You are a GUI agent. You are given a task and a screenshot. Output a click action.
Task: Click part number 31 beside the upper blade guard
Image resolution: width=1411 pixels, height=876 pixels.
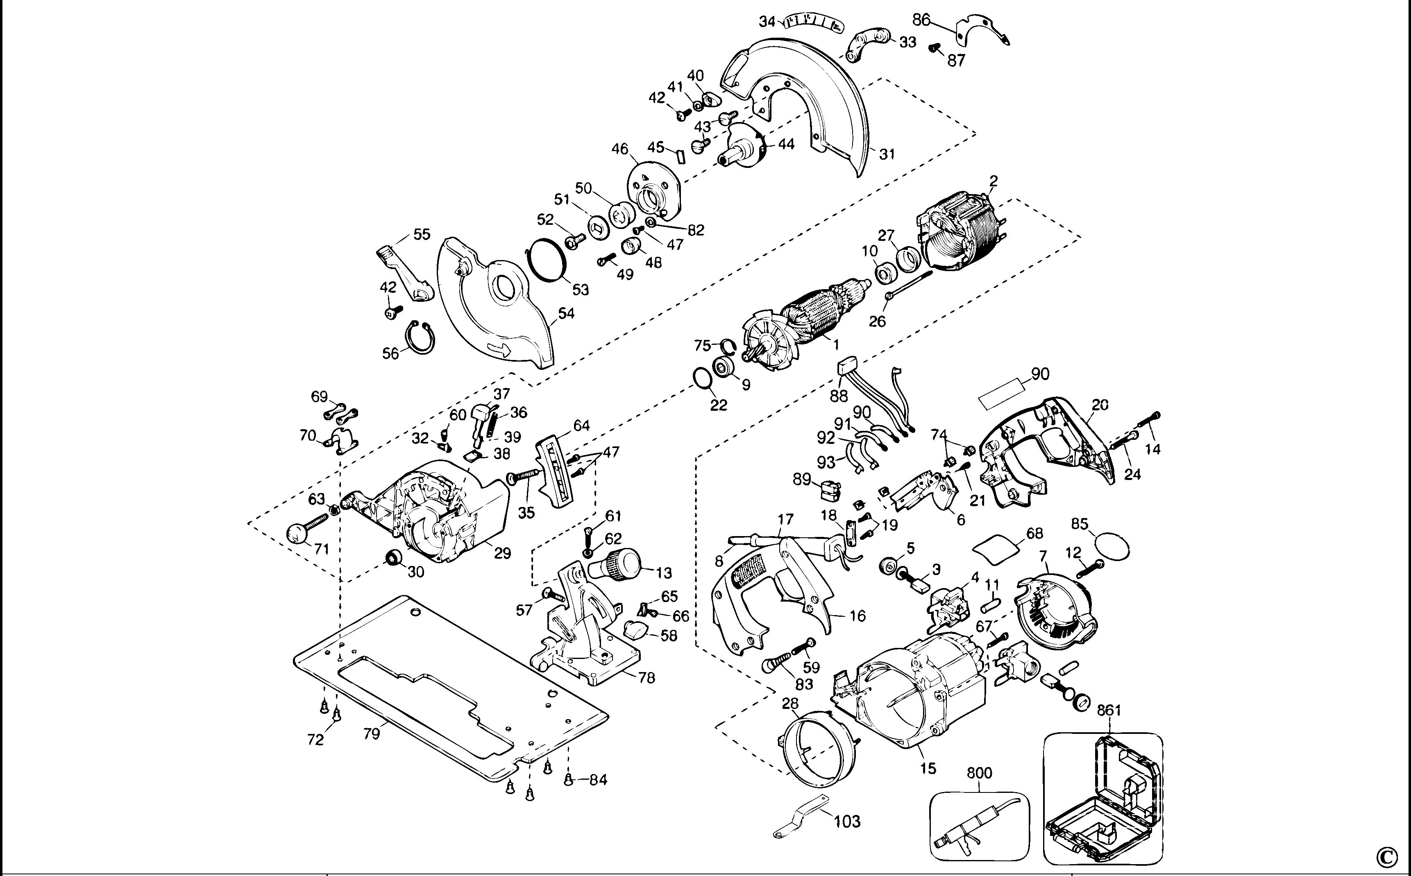tap(887, 154)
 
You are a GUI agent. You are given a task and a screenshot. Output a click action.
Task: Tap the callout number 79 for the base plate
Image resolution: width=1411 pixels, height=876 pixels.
tap(372, 733)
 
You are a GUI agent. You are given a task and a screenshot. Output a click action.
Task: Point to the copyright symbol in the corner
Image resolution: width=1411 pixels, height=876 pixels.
tap(1393, 855)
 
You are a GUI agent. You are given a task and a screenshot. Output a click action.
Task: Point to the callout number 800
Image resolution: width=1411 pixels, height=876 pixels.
tap(979, 773)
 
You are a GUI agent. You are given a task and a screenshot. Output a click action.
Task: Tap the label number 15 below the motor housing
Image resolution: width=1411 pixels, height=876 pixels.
tap(928, 768)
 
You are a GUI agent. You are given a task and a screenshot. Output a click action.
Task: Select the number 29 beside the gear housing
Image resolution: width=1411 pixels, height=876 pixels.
tap(502, 553)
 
